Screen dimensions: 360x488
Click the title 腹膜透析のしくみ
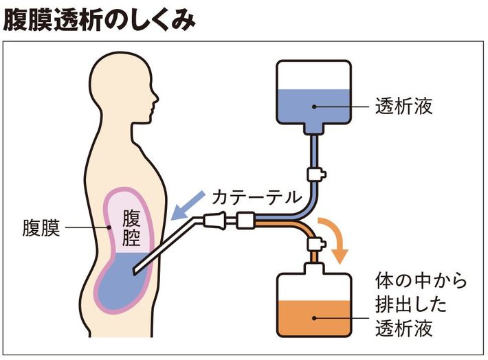(x=99, y=19)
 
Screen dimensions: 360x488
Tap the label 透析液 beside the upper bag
(x=404, y=106)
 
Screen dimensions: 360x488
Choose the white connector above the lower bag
(x=315, y=242)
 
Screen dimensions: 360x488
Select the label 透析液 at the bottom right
(x=404, y=328)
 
